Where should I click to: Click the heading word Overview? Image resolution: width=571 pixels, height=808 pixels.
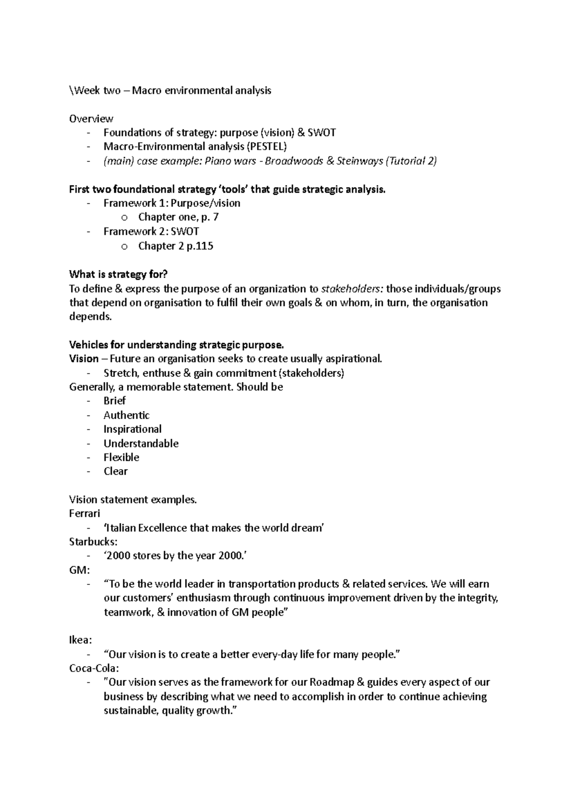tap(91, 118)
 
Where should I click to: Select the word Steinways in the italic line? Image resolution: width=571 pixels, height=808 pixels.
tap(360, 161)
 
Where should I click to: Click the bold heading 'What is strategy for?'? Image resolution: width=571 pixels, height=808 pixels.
tap(118, 274)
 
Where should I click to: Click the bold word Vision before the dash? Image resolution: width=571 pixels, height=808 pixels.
tap(84, 359)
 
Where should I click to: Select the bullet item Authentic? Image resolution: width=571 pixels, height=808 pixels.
tap(127, 415)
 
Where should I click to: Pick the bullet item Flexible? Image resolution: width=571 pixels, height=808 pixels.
tap(121, 457)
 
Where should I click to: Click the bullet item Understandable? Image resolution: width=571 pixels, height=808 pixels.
tap(141, 443)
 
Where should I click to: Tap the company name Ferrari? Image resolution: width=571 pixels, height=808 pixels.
tap(85, 513)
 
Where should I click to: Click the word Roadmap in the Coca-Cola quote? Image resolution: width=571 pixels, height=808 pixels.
tap(332, 682)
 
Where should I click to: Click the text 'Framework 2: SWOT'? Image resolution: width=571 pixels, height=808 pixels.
tap(151, 232)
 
